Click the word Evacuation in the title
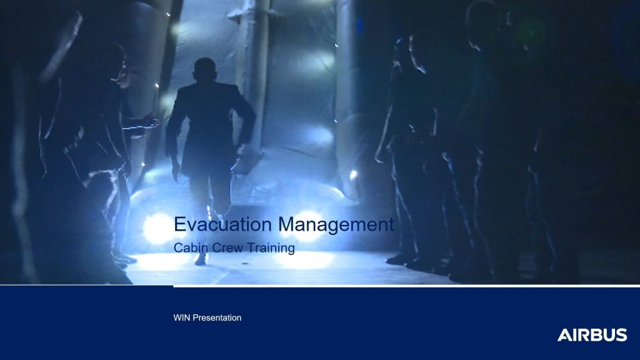pos(223,224)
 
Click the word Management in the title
pos(336,224)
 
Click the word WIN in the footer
pos(182,317)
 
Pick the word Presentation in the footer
pos(217,317)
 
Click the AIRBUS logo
pos(592,335)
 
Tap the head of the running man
pos(205,70)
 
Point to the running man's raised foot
pos(201,258)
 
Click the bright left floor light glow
pos(157,229)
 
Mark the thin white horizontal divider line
pos(406,286)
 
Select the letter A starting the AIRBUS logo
pos(564,335)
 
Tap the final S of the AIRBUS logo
pos(622,335)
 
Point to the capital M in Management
pos(286,224)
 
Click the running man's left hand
pos(176,171)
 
